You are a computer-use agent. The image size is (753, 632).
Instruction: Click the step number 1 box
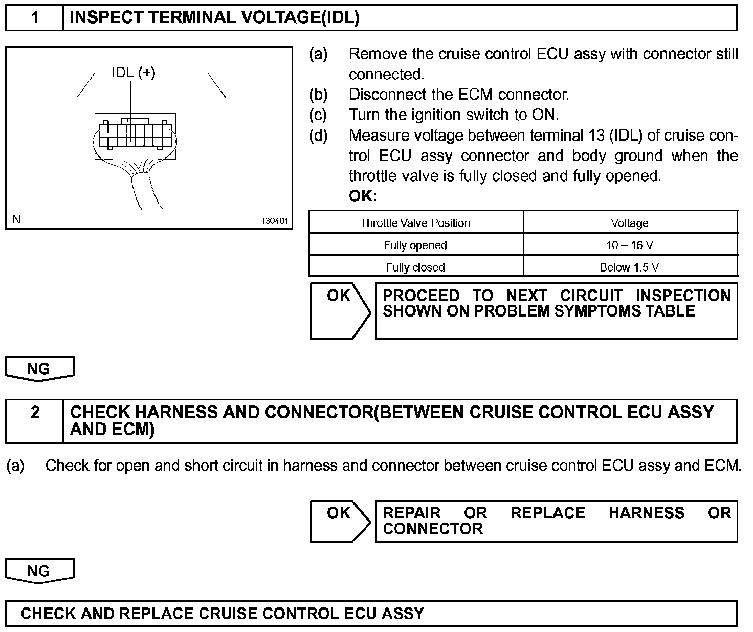click(x=34, y=18)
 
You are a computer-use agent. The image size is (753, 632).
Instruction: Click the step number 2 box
click(x=34, y=420)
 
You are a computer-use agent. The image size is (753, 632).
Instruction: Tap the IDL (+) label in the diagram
click(x=133, y=73)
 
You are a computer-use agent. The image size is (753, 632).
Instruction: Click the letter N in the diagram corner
click(x=17, y=220)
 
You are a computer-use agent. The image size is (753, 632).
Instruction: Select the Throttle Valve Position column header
click(x=415, y=223)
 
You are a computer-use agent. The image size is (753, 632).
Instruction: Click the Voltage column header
click(x=629, y=223)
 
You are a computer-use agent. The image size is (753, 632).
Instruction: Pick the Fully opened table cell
click(x=415, y=245)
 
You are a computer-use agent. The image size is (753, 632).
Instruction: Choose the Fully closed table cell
click(x=415, y=267)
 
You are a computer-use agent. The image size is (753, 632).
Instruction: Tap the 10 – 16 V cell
click(x=629, y=245)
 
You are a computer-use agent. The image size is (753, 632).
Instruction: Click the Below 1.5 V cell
click(x=629, y=267)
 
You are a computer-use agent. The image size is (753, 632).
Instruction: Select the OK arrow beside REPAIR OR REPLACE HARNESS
click(x=340, y=521)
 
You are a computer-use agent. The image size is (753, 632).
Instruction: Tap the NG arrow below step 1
click(x=39, y=368)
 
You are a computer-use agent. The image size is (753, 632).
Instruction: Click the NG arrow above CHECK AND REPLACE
click(x=39, y=570)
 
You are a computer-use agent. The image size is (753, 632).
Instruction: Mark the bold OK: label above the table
click(x=363, y=196)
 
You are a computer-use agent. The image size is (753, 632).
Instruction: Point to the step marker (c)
click(x=318, y=115)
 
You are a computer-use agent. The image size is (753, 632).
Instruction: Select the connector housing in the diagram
click(x=135, y=134)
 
